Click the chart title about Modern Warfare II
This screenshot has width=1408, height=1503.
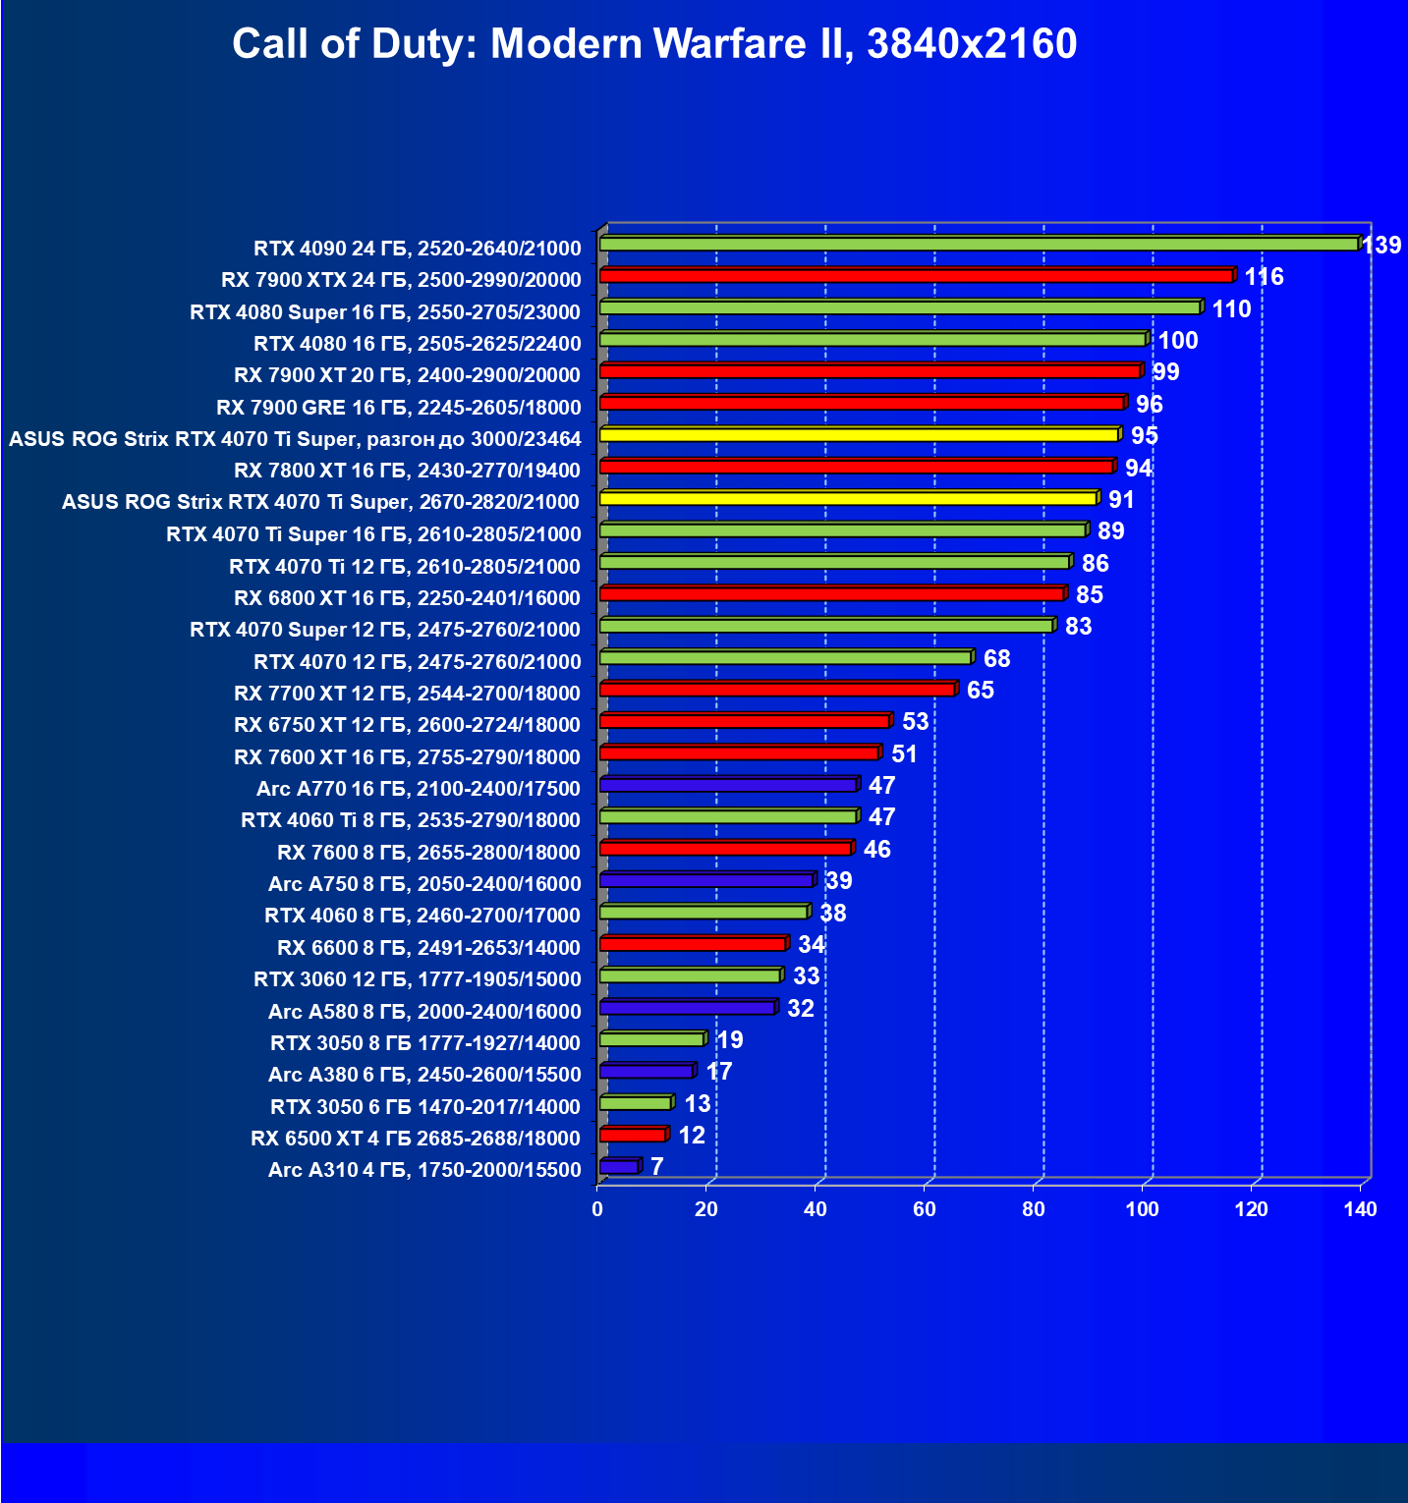tap(654, 44)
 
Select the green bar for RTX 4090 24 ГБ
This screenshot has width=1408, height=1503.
tap(978, 244)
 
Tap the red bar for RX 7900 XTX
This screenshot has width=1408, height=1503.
tap(916, 276)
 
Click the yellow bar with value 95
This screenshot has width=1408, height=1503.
tap(858, 434)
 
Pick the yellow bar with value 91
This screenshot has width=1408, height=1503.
tap(847, 498)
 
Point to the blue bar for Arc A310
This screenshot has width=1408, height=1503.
tap(619, 1167)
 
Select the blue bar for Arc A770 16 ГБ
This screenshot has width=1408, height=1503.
tap(727, 785)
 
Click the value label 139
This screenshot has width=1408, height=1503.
tap(1381, 245)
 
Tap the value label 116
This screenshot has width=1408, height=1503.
tap(1264, 277)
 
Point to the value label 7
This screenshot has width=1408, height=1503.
tap(656, 1167)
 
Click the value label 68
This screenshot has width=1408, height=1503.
tap(996, 659)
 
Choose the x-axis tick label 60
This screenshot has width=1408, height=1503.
tap(925, 1209)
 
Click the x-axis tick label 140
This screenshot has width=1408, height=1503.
tap(1361, 1209)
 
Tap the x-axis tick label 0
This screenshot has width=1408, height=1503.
tap(597, 1209)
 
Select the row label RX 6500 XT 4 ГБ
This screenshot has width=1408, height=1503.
tap(416, 1139)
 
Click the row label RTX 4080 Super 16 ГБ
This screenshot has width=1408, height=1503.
tap(385, 312)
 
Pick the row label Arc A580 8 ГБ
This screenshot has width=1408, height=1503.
tap(424, 1012)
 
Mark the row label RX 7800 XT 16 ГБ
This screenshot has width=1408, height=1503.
tap(408, 471)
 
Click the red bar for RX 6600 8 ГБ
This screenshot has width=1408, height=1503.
tap(693, 944)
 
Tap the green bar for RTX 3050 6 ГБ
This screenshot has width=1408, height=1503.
tap(635, 1103)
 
